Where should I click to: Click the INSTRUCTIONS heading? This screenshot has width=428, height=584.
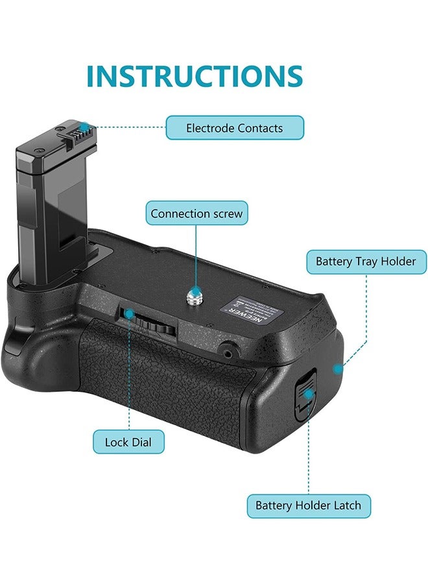[195, 76]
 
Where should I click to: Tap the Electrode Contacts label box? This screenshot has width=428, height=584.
[234, 128]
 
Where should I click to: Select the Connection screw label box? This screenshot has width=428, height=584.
[196, 213]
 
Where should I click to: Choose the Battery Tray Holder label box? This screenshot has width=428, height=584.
[366, 262]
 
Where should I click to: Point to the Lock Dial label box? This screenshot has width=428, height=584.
[128, 443]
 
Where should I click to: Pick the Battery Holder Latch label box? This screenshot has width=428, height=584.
[308, 505]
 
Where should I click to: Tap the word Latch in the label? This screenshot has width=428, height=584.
[346, 505]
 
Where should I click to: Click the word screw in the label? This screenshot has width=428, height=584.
[229, 213]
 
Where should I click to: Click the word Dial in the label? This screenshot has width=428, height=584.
[141, 443]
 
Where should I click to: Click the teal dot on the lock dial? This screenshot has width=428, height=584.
[129, 314]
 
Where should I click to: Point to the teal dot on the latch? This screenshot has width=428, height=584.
[309, 393]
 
